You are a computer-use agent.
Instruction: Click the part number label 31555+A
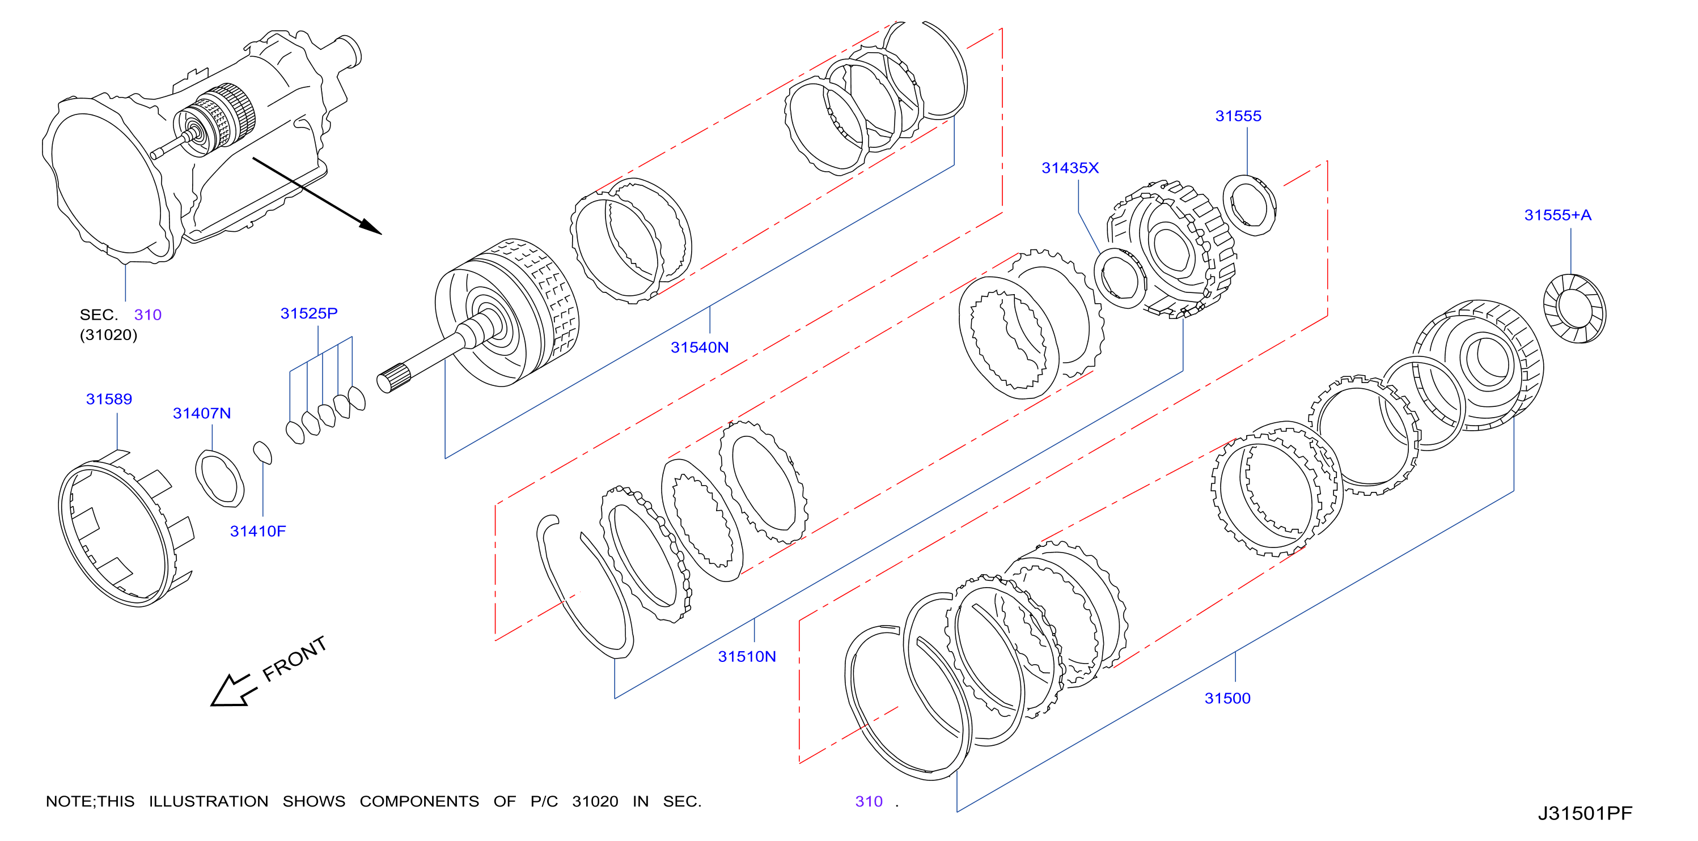point(1557,215)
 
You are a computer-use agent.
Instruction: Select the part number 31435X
point(1070,168)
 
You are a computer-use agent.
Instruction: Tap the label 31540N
point(700,347)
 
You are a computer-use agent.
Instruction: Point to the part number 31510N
point(747,656)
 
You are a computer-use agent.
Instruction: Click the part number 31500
point(1227,698)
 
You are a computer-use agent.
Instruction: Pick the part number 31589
point(109,399)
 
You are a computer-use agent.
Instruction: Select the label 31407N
point(202,413)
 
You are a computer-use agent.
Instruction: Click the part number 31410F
point(258,531)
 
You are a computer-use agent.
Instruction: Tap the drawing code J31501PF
point(1585,813)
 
